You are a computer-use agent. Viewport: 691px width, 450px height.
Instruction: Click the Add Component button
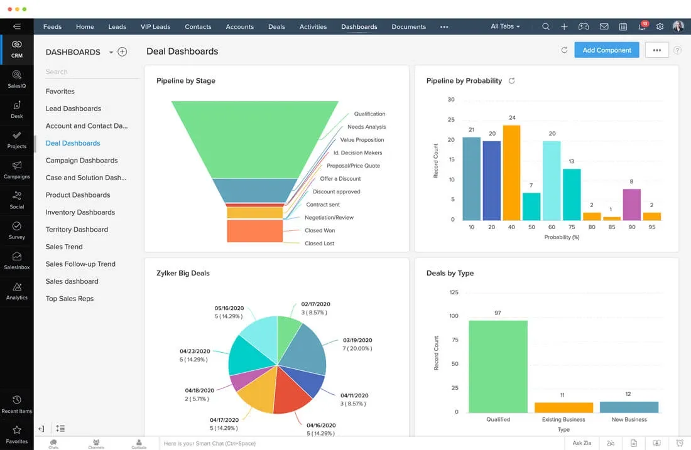606,50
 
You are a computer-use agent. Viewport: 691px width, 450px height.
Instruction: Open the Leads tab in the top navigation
117,27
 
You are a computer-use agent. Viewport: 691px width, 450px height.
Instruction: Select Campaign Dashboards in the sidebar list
82,161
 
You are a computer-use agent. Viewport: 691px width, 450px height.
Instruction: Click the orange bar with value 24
512,173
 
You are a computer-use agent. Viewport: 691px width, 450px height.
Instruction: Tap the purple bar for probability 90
631,204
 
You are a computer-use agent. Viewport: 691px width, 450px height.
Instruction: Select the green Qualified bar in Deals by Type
498,366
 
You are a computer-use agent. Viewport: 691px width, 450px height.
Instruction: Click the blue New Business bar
629,407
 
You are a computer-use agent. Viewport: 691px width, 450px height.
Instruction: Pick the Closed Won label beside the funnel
320,230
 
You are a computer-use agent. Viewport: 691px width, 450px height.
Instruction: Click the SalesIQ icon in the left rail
17,78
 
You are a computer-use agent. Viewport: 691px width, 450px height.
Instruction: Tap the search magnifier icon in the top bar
546,27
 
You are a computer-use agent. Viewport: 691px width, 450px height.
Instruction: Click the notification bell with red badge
641,27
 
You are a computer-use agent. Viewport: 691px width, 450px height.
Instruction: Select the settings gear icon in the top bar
660,27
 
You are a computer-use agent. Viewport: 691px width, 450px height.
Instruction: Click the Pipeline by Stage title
186,81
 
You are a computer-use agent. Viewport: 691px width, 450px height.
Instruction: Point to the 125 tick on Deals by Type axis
454,292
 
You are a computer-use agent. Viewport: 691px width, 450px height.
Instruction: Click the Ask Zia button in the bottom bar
582,444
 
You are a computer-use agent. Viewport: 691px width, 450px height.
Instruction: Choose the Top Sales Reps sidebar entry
70,299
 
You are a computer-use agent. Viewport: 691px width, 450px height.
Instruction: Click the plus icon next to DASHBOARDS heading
122,52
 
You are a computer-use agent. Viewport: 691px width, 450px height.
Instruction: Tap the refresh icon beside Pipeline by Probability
511,81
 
